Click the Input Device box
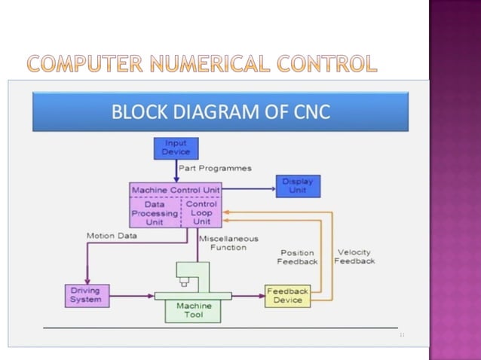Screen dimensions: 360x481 176,148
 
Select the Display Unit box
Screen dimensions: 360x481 298,186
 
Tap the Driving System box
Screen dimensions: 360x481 85,294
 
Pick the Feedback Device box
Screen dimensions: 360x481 287,295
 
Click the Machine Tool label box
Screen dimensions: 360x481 194,310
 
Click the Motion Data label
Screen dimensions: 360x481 112,236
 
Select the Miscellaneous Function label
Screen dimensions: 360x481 228,243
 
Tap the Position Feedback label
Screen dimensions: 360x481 297,257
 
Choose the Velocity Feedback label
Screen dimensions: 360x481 354,256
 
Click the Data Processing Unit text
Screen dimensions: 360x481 155,213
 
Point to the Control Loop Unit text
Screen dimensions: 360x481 201,213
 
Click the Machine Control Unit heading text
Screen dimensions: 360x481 175,190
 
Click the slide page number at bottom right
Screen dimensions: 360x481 402,334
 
